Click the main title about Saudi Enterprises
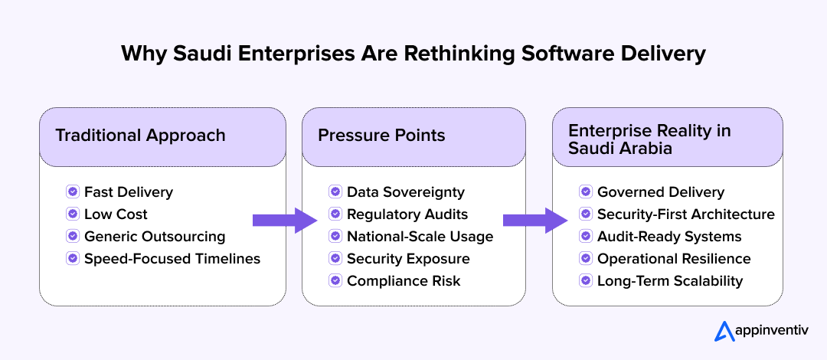click(413, 54)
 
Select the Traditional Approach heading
click(140, 136)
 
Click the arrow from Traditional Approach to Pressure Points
click(284, 220)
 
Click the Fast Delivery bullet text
click(129, 191)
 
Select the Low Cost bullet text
click(116, 214)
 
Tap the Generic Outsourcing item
click(155, 236)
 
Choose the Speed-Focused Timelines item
click(172, 258)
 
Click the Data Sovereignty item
click(406, 191)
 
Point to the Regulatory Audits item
click(407, 214)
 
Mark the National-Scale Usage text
click(420, 236)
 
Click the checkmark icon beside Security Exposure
click(335, 258)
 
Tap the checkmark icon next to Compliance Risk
click(335, 280)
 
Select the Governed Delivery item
click(661, 191)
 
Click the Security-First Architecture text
click(686, 214)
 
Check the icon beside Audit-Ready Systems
click(586, 236)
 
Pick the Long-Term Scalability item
click(670, 280)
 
